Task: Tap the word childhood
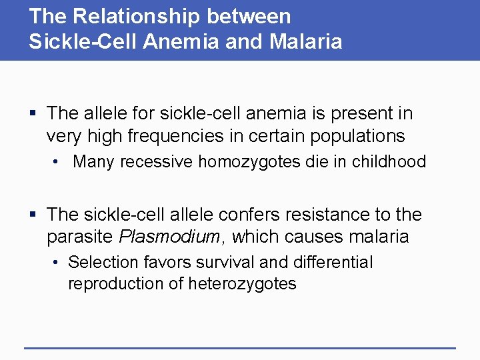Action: pos(389,162)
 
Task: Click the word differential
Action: pos(333,263)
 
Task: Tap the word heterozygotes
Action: pos(243,284)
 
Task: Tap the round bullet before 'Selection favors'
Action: pos(58,263)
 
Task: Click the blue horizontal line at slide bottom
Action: pos(240,347)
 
